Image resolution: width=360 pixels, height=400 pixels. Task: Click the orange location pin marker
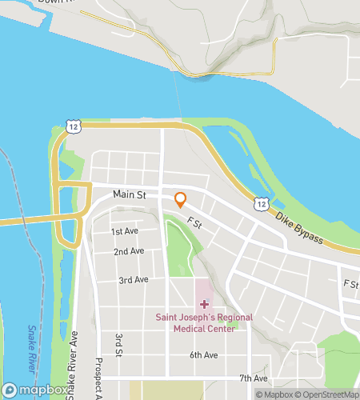point(181,199)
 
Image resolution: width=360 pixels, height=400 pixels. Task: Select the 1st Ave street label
point(125,231)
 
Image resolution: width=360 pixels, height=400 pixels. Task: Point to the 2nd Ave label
point(129,251)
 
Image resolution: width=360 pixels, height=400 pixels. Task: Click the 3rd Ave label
point(134,280)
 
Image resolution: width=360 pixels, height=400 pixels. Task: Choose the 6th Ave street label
point(204,354)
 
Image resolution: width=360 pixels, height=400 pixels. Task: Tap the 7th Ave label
point(254,378)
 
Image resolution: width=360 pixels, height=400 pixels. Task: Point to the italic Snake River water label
point(31,348)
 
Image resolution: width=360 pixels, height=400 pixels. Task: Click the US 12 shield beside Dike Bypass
point(261,205)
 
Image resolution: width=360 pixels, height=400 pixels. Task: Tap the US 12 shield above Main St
point(74,126)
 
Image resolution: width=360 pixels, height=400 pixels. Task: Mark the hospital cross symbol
point(203,304)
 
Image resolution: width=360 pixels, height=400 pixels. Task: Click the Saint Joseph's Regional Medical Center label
point(203,322)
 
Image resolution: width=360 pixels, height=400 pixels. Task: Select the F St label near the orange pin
point(192,223)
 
